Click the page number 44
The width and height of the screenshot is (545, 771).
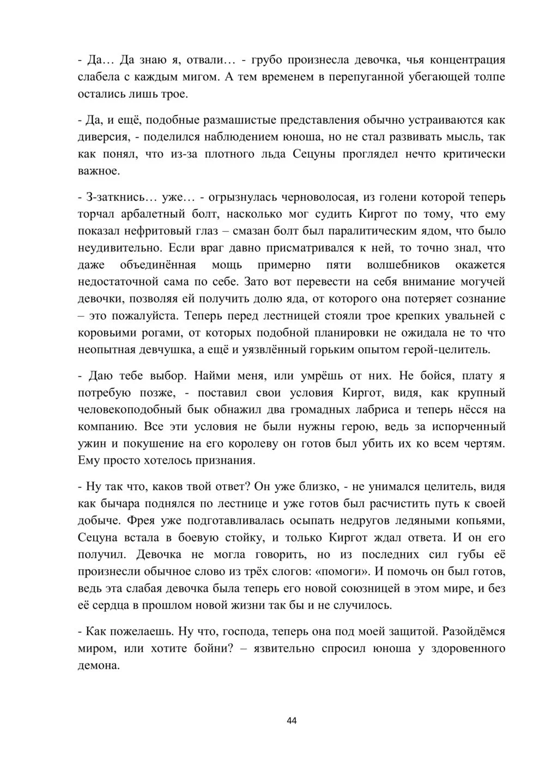(x=292, y=721)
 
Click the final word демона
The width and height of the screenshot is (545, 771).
(x=99, y=666)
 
